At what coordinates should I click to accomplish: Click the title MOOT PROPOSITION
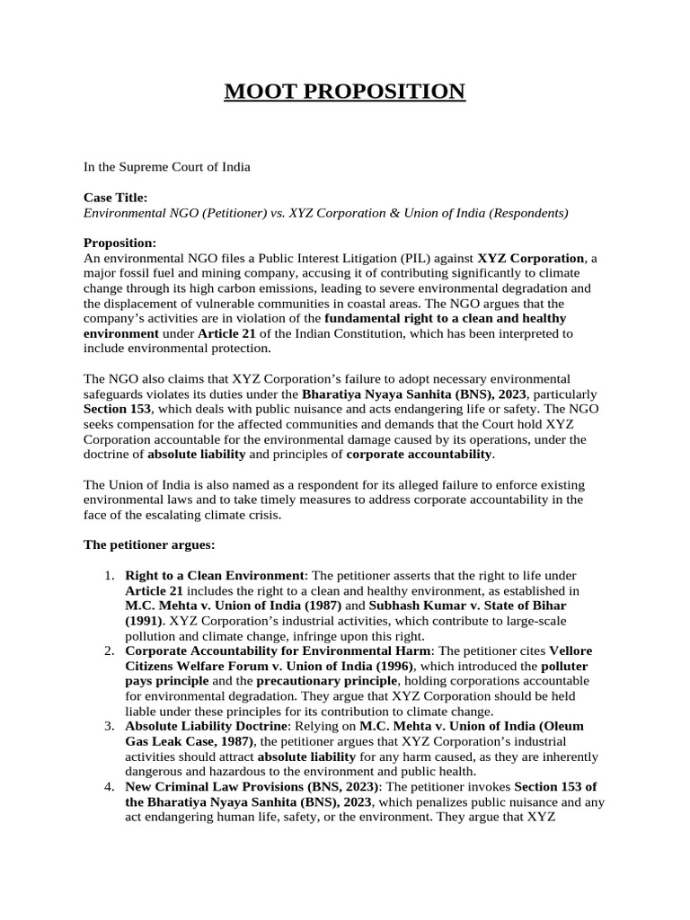coord(345,92)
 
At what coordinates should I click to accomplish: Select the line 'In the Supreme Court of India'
coord(167,167)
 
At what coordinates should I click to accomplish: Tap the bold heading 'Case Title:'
coord(116,198)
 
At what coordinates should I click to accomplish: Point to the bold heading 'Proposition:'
coord(119,243)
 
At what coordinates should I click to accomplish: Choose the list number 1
coord(111,575)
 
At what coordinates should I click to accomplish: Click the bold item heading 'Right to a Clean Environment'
coord(215,575)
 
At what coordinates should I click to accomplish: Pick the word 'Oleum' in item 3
coord(563,726)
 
